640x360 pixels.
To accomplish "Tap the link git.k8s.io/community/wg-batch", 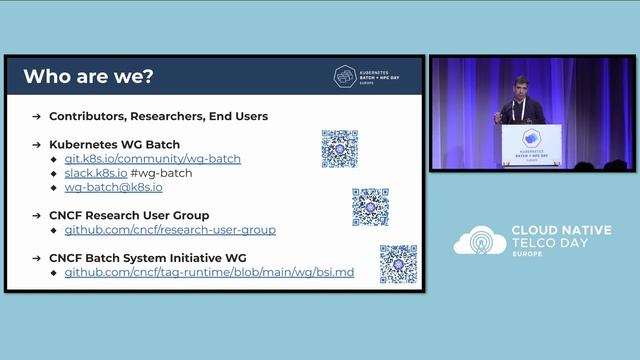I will tap(152, 159).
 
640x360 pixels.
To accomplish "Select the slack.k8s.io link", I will tap(96, 173).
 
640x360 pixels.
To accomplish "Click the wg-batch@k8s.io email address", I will tap(113, 187).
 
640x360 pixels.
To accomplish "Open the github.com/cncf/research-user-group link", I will tap(170, 230).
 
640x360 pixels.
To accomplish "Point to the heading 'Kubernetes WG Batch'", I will tap(114, 144).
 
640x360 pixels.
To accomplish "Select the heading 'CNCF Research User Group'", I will tap(129, 215).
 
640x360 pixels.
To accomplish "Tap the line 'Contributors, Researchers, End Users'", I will tap(158, 116).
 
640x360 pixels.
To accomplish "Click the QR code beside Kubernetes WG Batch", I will tap(340, 149).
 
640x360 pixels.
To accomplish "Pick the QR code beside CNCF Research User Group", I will tap(370, 207).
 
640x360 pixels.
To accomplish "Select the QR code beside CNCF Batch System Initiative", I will tap(398, 264).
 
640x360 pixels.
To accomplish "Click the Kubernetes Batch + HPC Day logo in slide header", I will tap(371, 77).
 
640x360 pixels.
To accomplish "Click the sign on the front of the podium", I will tap(531, 140).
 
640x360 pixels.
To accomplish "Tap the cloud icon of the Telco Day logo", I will tap(479, 241).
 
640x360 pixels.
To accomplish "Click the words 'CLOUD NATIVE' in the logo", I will tap(559, 230).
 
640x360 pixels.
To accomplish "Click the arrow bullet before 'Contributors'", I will tap(36, 116).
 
